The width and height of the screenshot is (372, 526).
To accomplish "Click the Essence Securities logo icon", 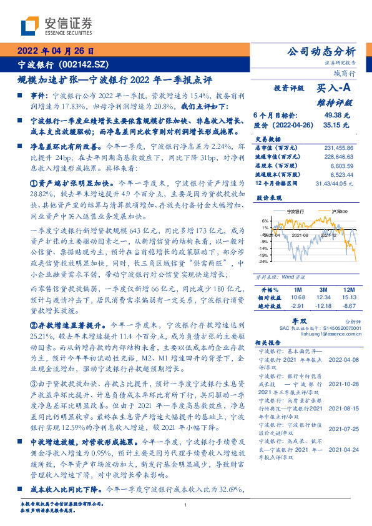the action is (x=30, y=26).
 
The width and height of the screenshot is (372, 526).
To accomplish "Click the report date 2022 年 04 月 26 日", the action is (x=55, y=51).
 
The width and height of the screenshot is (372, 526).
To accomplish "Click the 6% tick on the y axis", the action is (x=265, y=221).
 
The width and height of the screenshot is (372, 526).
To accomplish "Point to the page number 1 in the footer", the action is (x=185, y=505).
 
